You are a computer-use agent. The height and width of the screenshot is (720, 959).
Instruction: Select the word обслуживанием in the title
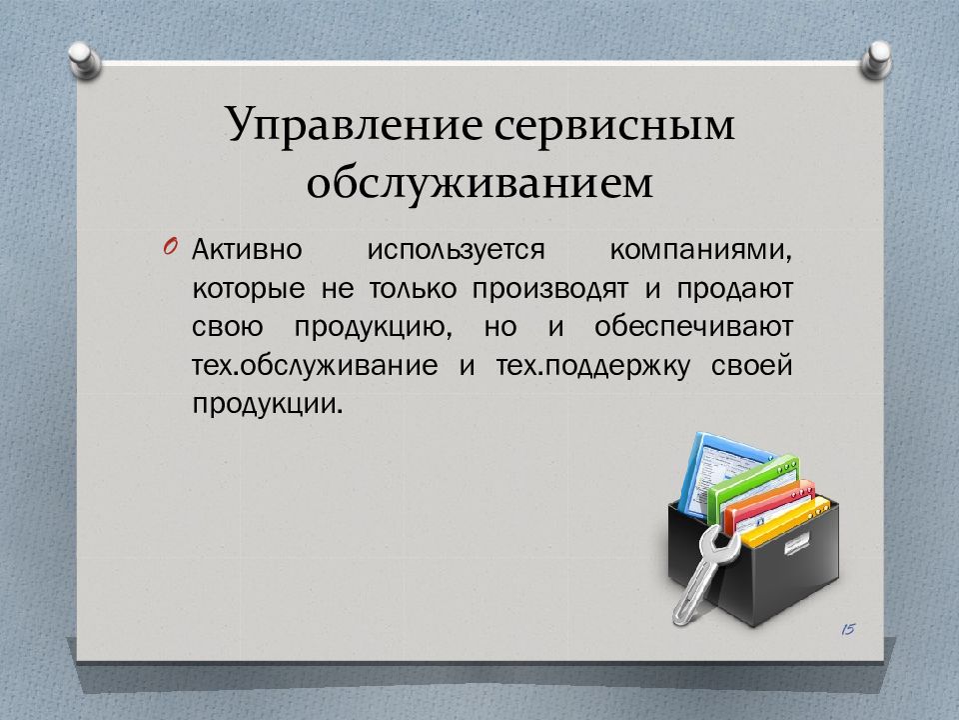tap(479, 182)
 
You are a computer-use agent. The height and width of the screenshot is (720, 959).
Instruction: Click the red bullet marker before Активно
tap(171, 247)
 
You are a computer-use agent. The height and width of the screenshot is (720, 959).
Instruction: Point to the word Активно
tap(247, 250)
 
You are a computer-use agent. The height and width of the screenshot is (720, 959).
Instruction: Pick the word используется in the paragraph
tap(456, 251)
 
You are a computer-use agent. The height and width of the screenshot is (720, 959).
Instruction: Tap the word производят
tap(549, 289)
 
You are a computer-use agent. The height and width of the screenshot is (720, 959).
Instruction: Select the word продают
tap(734, 289)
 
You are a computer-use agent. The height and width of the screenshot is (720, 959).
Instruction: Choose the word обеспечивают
tap(693, 326)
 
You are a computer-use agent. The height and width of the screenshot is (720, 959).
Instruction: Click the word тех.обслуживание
tap(315, 366)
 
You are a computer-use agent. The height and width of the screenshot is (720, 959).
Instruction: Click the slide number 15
tap(848, 629)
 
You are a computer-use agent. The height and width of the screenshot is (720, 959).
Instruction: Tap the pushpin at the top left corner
tap(84, 60)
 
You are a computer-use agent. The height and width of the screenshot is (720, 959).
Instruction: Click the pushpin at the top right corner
tap(876, 60)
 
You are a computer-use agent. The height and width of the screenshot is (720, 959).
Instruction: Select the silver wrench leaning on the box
tap(701, 572)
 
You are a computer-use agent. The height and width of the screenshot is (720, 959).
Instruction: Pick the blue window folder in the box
tap(720, 472)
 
